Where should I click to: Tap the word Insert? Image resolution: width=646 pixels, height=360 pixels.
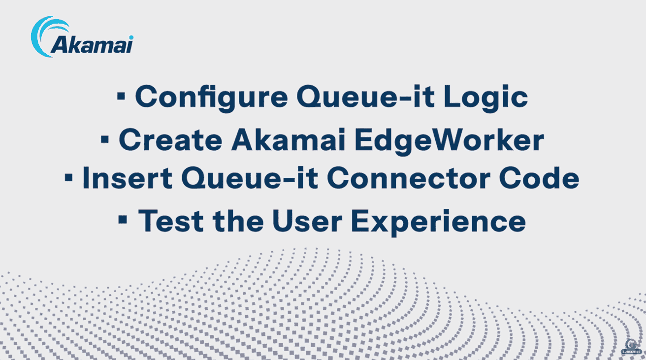pyautogui.click(x=124, y=179)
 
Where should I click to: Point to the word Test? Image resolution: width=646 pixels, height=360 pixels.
pyautogui.click(x=170, y=222)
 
